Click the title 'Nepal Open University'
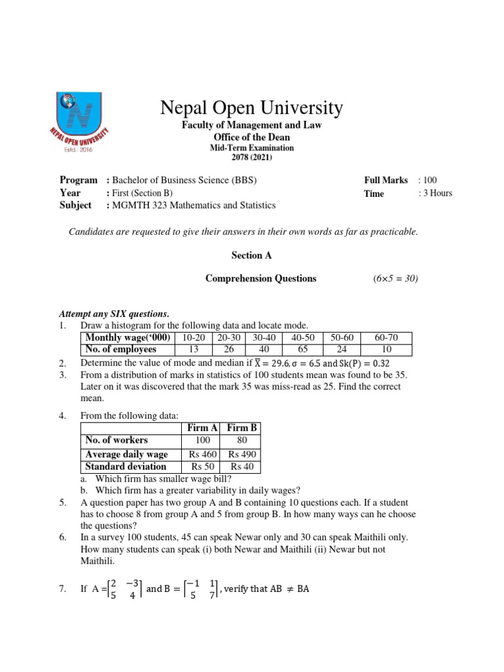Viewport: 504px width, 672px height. point(252,108)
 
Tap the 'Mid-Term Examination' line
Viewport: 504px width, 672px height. point(252,148)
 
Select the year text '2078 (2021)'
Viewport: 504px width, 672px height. point(252,157)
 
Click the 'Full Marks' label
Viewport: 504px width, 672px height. point(386,180)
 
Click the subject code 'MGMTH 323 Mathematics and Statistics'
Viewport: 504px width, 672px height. point(194,205)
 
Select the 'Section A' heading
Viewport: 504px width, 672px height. point(251,255)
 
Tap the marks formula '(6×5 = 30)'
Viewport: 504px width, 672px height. point(395,278)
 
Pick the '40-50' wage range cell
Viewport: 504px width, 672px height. point(303,337)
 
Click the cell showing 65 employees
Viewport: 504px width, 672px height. point(303,349)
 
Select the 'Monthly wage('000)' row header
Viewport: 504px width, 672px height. point(127,337)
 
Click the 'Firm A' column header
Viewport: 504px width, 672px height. point(203,428)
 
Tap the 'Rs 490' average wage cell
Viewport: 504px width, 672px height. point(242,454)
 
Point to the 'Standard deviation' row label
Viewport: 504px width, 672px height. point(126,467)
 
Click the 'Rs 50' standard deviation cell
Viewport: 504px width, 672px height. point(203,467)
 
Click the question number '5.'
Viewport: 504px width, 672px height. point(62,503)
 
